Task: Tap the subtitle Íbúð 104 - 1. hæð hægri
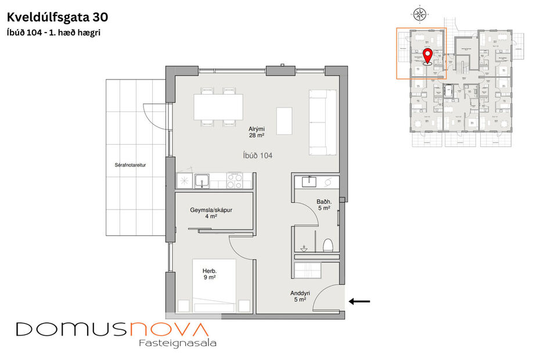[53, 33]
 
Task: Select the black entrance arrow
[359, 301]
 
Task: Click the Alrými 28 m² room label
[257, 132]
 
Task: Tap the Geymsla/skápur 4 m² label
[211, 213]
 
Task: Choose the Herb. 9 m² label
[209, 274]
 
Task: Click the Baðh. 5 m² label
[323, 205]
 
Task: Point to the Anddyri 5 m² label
[300, 297]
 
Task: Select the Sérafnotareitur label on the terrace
[130, 165]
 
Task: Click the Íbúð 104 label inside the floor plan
[257, 156]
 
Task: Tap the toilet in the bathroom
[329, 245]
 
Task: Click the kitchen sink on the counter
[201, 181]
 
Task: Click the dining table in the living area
[218, 106]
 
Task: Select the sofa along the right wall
[323, 123]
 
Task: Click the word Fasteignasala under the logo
[178, 343]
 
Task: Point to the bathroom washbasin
[308, 182]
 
